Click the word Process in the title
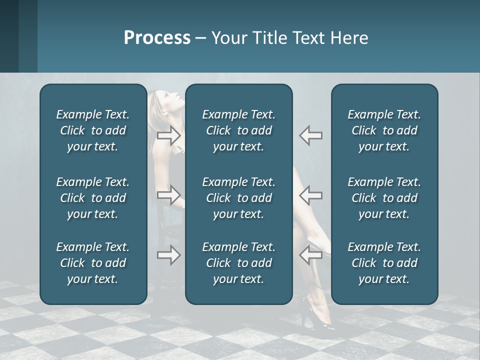[x=157, y=38]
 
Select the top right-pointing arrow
[x=169, y=135]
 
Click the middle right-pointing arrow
[x=169, y=195]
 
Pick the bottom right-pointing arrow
[x=169, y=255]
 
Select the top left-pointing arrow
[x=310, y=135]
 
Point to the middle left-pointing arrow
[x=310, y=195]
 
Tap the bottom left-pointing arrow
[x=310, y=255]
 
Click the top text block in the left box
[x=93, y=130]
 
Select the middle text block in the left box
[x=93, y=198]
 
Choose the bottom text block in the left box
[x=93, y=263]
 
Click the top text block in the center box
[x=238, y=130]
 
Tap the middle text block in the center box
[x=238, y=198]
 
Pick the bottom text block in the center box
[x=238, y=263]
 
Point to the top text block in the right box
[x=384, y=130]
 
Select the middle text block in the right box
[x=384, y=198]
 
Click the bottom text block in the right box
[x=384, y=263]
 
